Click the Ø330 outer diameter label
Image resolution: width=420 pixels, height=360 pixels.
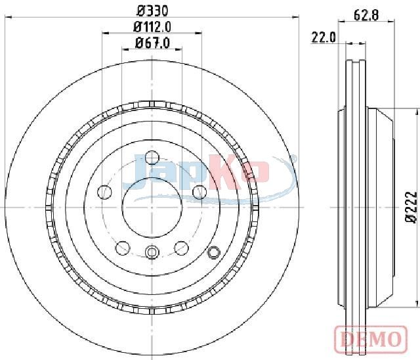tap(152, 11)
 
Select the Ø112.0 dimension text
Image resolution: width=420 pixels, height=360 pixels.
tap(152, 27)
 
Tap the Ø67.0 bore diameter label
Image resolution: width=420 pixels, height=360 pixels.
tap(152, 43)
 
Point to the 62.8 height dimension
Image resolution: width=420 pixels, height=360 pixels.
tap(366, 15)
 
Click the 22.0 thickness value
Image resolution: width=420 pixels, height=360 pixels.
tap(324, 37)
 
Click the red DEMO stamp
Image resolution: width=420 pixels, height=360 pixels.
tap(371, 339)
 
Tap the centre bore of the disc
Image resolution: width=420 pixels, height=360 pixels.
tap(152, 207)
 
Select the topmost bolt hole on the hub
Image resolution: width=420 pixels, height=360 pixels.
tap(152, 158)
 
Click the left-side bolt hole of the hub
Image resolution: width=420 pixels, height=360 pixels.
tap(104, 192)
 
